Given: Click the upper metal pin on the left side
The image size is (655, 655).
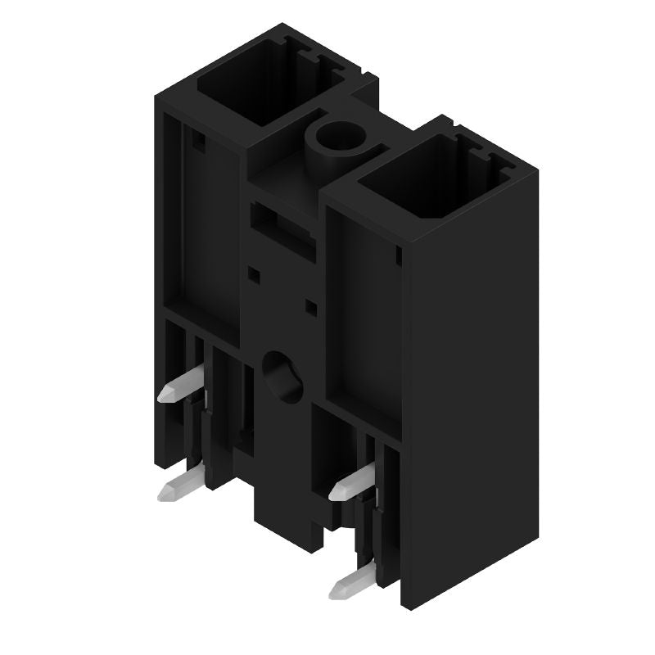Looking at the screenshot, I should [182, 384].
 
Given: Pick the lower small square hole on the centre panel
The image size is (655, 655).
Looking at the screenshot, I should [311, 307].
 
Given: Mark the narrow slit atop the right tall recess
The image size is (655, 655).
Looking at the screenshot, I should [398, 258].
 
